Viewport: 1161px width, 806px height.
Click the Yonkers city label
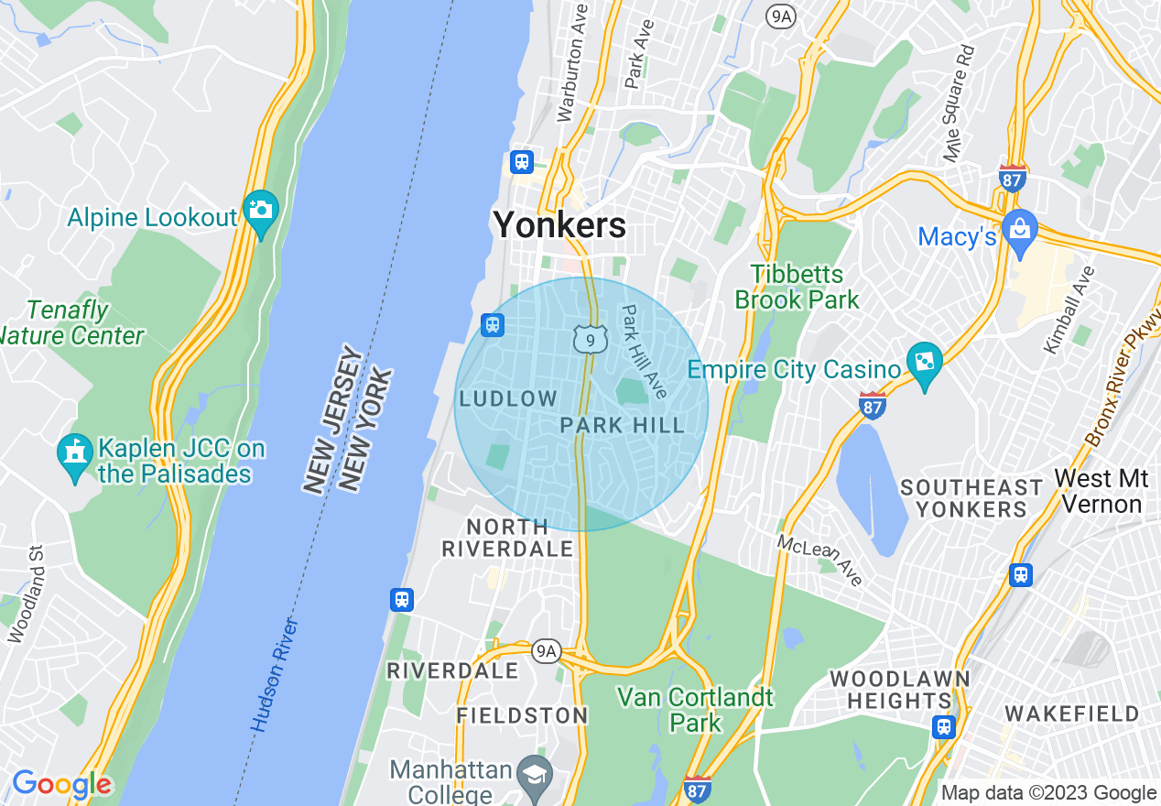559,224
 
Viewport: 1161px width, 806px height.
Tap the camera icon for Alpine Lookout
261,210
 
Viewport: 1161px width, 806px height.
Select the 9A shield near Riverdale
547,650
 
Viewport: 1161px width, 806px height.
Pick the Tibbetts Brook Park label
797,287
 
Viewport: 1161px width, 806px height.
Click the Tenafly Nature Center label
71,323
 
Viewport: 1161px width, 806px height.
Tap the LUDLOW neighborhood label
508,398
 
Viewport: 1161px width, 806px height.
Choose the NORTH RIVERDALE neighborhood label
507,538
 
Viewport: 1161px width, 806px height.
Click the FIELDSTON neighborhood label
522,715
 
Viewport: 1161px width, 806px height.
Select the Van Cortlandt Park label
695,710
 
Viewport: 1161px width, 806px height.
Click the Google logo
61,785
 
